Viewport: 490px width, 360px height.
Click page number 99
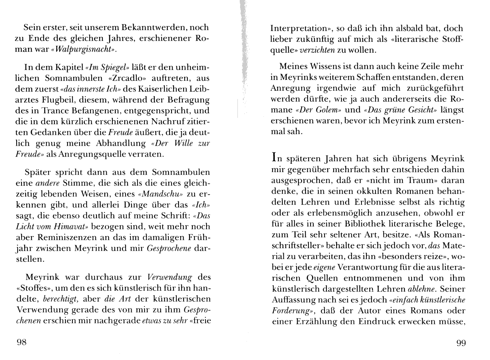click(x=461, y=343)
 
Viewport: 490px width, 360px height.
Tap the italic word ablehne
click(x=422, y=290)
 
